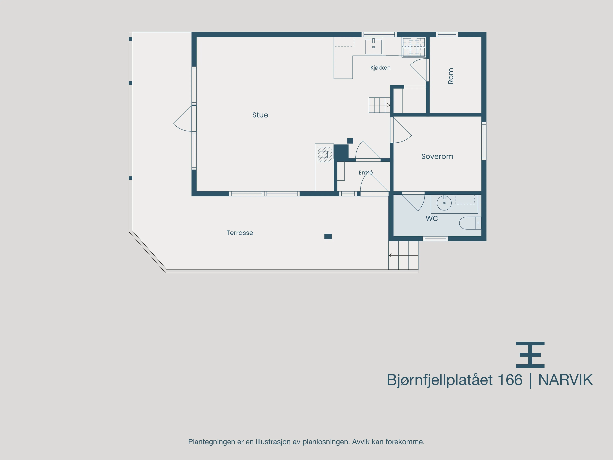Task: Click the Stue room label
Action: [260, 115]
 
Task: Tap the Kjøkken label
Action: [380, 68]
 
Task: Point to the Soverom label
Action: [437, 156]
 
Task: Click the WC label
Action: [432, 219]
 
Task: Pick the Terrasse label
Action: [240, 233]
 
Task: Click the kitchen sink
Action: [373, 47]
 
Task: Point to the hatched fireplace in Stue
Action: [325, 154]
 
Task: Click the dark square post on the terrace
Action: [328, 236]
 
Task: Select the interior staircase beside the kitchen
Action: [379, 105]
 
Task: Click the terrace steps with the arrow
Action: [403, 255]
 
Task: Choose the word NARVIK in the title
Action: [565, 380]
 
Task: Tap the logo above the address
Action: [530, 355]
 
